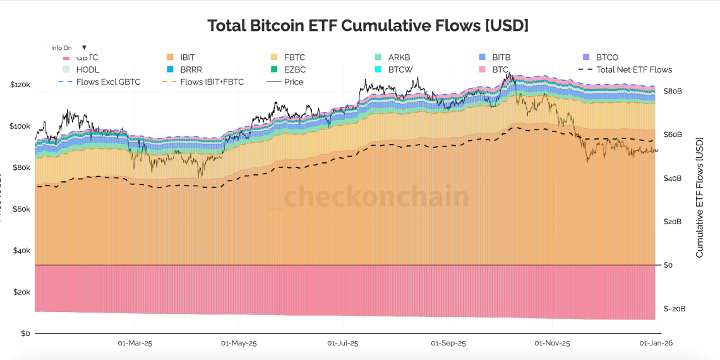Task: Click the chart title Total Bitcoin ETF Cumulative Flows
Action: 368,26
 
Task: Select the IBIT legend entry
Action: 187,57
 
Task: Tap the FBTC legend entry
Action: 294,57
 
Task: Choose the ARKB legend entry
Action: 399,57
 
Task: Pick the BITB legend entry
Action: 501,57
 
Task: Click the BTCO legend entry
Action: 607,57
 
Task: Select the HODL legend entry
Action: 87,69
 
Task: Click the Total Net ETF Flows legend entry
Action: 633,69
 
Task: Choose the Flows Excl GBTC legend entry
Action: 107,81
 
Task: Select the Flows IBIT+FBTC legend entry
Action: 212,81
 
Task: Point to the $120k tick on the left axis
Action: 20,85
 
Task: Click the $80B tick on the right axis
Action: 673,91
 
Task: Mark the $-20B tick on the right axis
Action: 675,309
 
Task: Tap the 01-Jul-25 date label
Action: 343,344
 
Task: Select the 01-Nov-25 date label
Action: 552,344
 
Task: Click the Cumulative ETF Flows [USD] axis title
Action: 700,198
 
